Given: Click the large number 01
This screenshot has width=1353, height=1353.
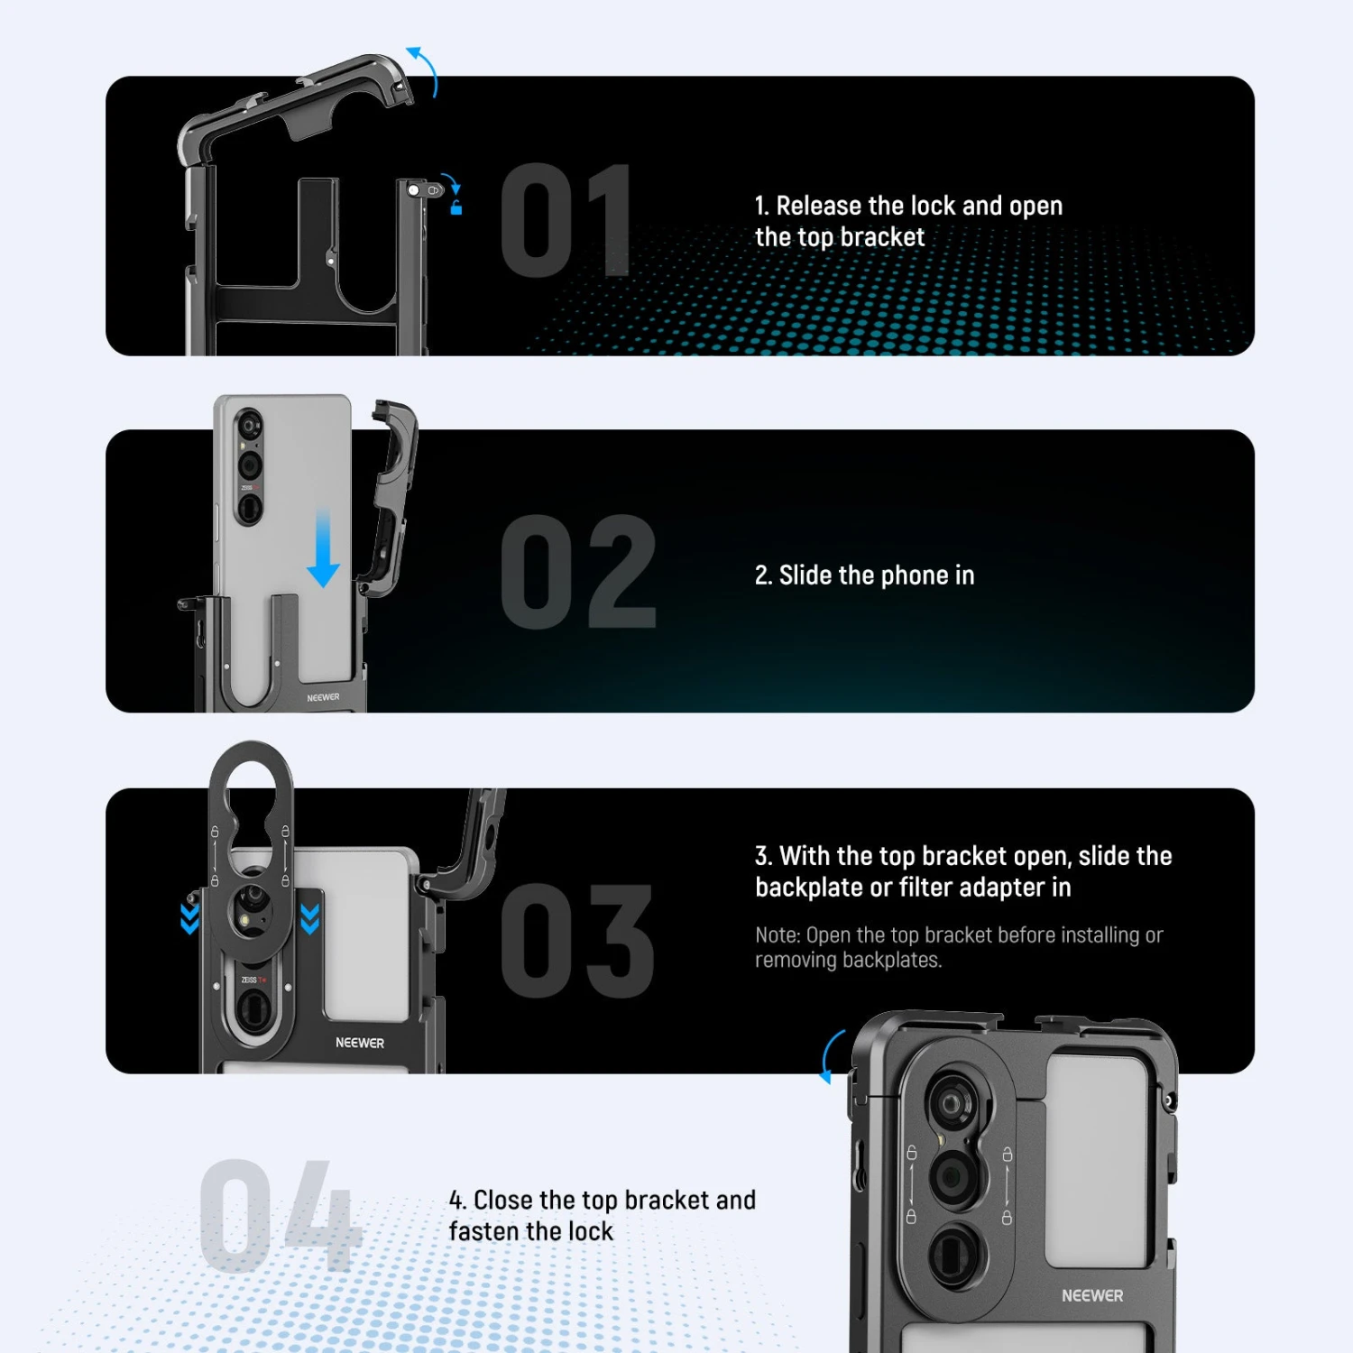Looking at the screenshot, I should tap(566, 220).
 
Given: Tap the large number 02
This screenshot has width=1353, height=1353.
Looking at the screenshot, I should tap(578, 572).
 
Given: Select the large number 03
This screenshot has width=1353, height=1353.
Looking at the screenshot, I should tap(577, 941).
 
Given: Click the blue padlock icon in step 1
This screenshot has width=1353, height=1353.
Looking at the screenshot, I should tap(456, 208).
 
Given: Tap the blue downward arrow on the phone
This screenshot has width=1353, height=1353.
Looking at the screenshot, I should tap(323, 550).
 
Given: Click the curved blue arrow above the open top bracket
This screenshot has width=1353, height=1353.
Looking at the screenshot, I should tap(424, 69).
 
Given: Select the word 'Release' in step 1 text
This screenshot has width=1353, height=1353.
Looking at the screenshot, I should tap(818, 206).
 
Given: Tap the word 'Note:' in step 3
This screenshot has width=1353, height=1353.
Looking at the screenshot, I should tap(778, 935).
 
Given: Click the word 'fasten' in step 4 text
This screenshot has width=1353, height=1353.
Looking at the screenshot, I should tap(483, 1231).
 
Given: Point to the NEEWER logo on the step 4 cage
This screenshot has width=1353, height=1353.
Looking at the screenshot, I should tap(1091, 1295).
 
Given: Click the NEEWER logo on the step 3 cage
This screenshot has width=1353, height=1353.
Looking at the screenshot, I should tap(359, 1043).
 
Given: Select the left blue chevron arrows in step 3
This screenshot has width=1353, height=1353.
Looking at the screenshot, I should tap(189, 916).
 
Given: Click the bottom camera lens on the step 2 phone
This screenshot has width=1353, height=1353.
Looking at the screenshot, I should tap(248, 510).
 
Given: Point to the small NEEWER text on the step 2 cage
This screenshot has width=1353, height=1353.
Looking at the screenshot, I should tap(323, 697).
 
